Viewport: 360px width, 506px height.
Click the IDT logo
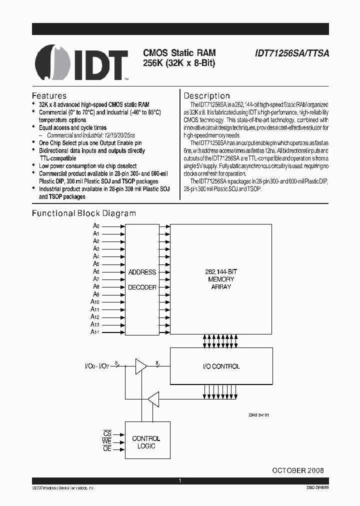tap(82, 63)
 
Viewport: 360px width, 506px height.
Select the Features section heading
tap(49, 95)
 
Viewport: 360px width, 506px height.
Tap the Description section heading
tap(207, 95)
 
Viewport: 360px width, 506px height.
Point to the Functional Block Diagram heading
tap(84, 213)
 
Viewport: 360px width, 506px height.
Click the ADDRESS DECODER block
tap(142, 279)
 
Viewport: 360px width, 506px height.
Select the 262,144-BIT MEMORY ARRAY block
tap(221, 279)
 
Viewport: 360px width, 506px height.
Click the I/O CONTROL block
tap(221, 366)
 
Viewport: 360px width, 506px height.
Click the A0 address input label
tap(96, 226)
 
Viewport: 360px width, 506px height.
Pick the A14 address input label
tap(95, 332)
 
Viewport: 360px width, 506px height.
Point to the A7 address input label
tap(96, 279)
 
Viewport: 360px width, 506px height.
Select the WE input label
tap(106, 441)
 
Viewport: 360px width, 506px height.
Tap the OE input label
tap(107, 448)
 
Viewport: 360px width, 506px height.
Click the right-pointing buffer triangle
tap(141, 366)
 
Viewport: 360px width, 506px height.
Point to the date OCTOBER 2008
tap(297, 470)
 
